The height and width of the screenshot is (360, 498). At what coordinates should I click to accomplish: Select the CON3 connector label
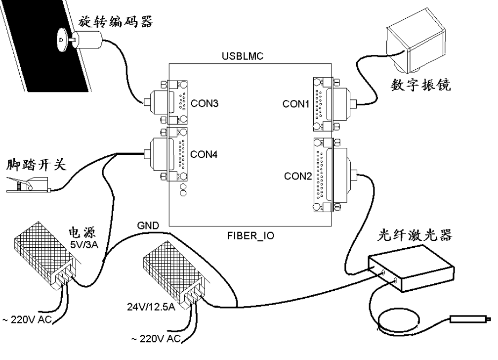tap(203, 105)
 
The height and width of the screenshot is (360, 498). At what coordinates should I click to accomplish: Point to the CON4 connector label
tap(203, 154)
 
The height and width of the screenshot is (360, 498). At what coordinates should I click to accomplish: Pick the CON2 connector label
tap(296, 175)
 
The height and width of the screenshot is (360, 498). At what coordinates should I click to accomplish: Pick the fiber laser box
tap(411, 270)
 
